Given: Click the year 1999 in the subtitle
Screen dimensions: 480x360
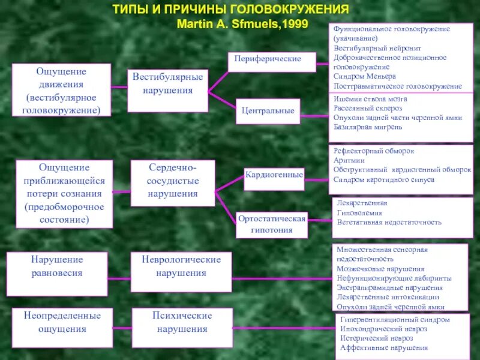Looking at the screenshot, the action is pyautogui.click(x=295, y=25).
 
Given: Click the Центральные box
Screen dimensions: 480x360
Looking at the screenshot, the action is pyautogui.click(x=268, y=111).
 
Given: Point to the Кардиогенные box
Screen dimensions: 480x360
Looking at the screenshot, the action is pyautogui.click(x=274, y=175).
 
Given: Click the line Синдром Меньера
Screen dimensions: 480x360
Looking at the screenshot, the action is pyautogui.click(x=365, y=77).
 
